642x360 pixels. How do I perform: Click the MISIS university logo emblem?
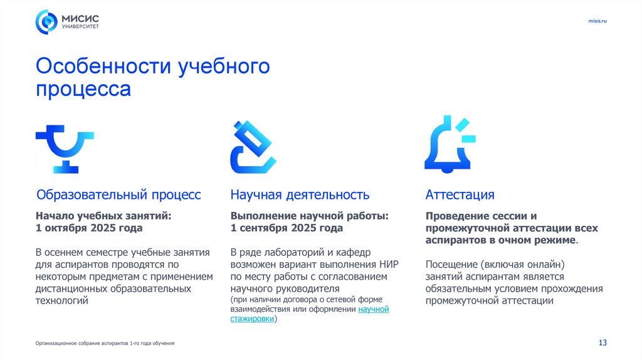(46, 21)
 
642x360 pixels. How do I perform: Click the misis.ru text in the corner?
(597, 21)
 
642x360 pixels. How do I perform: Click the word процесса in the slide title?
(83, 88)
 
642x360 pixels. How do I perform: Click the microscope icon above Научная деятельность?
(253, 147)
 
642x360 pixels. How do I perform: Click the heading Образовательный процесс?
(118, 194)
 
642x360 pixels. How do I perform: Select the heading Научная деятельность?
(300, 194)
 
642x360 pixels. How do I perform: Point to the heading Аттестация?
(460, 194)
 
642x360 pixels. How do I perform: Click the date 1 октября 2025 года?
(89, 228)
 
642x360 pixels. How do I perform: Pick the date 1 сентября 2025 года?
(287, 228)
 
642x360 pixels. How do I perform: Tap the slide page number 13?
(603, 342)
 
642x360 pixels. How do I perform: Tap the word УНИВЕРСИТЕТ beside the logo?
(80, 27)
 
